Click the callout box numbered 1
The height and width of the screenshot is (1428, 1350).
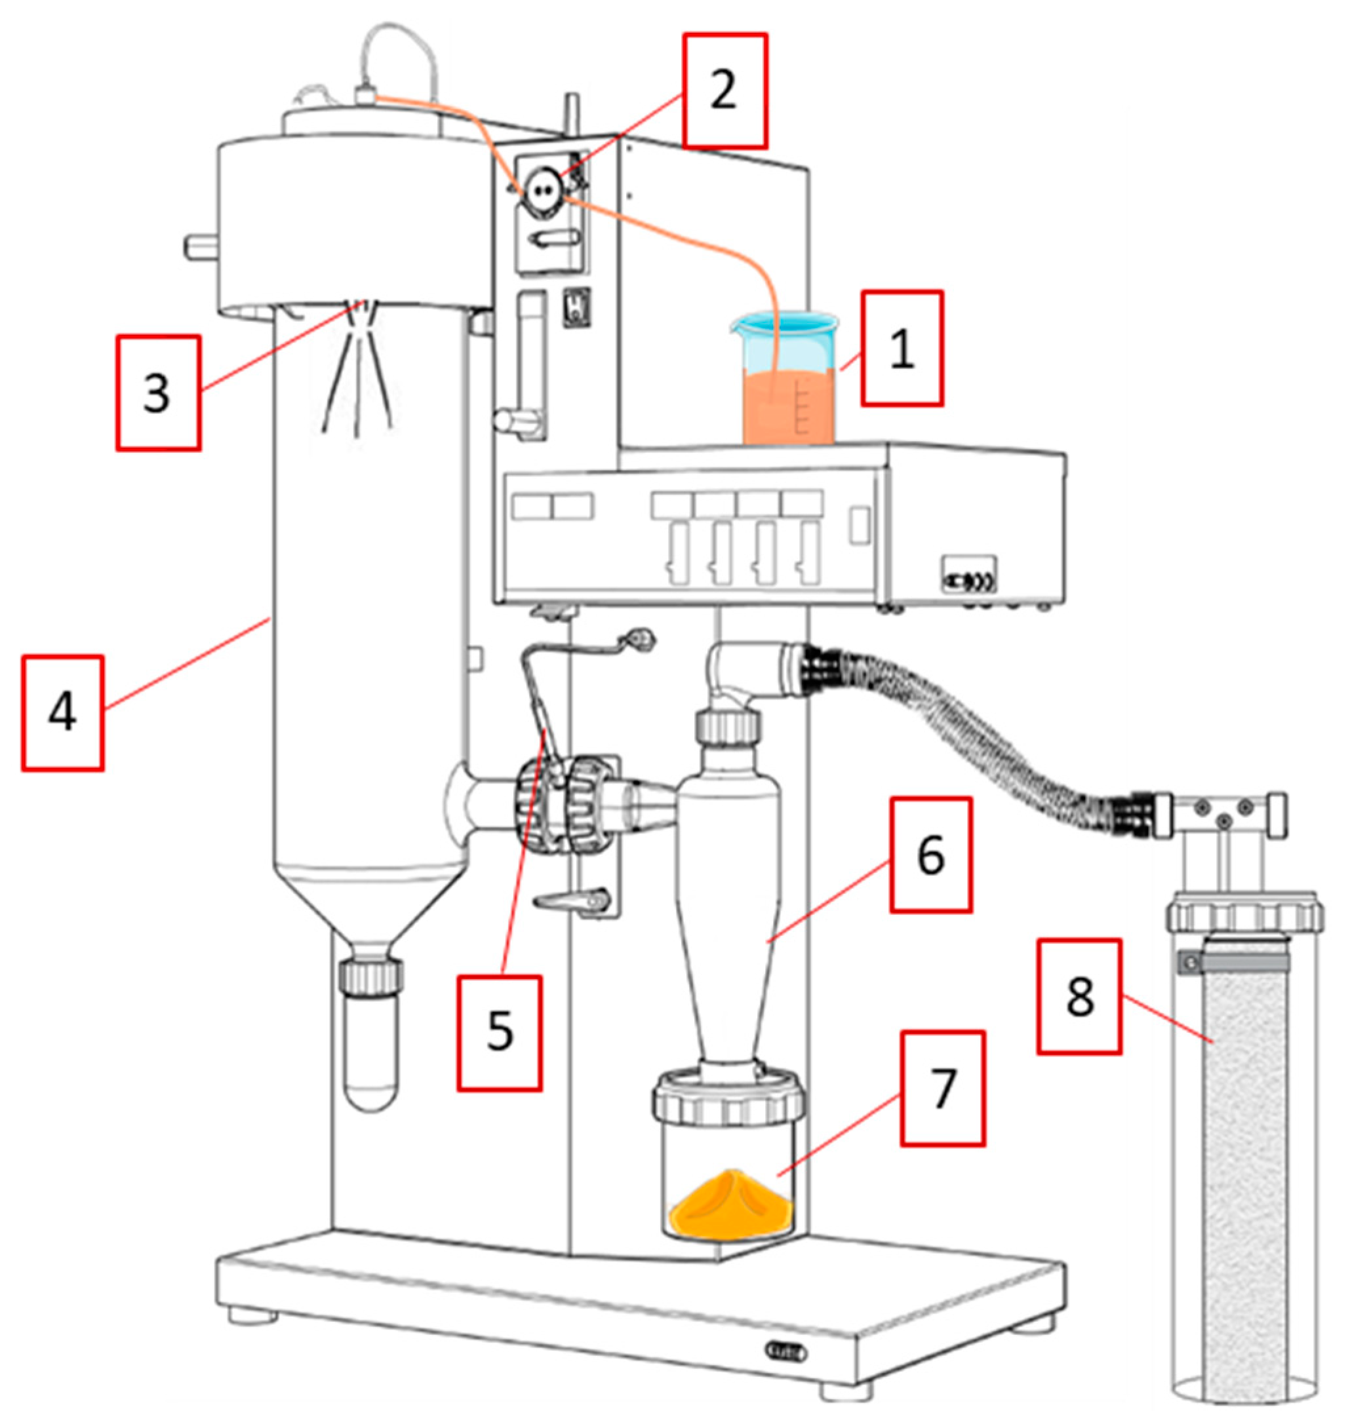coord(902,349)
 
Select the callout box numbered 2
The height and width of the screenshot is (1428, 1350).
coord(725,90)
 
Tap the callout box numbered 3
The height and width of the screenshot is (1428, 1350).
coord(157,393)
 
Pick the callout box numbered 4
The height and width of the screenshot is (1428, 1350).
coord(62,713)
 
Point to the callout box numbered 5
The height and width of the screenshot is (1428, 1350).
coord(499,1033)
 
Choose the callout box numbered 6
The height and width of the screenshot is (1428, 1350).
coord(930,855)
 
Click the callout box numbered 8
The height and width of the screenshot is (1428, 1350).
coord(1079,996)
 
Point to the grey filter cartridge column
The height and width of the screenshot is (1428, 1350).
coord(1245,1180)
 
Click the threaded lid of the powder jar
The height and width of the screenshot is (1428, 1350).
coord(728,1098)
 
